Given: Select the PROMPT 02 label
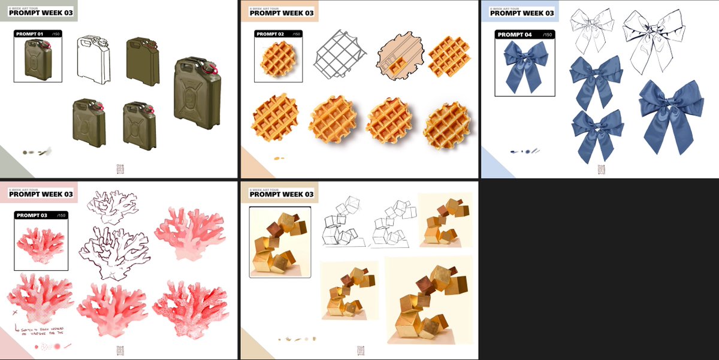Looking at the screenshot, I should coord(269,34).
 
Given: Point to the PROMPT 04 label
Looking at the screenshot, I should coord(515,35).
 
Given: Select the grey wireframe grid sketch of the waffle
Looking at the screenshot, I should coord(340,53).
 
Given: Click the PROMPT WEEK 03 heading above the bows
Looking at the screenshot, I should coord(522,13).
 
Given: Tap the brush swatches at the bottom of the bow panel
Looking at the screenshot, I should coord(525,151).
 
